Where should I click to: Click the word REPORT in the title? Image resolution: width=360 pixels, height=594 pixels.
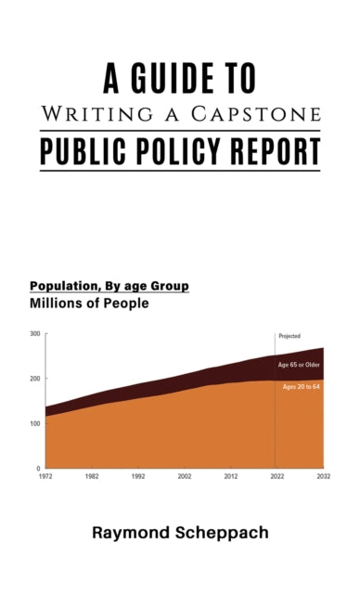273,149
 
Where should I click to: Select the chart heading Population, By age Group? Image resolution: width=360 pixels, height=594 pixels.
109,286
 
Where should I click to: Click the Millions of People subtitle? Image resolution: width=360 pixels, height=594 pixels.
89,303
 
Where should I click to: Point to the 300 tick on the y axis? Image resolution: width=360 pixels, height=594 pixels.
34,334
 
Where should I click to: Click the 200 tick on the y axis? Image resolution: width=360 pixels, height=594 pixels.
34,379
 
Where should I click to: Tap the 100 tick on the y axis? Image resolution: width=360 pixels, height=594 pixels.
34,423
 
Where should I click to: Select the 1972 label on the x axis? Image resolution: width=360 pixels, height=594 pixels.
45,476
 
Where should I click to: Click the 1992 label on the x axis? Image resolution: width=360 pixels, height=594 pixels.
137,476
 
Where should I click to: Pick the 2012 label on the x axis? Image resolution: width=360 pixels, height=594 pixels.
230,476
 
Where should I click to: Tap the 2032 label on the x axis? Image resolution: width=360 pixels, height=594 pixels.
321,476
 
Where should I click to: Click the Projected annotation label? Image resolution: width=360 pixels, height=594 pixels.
289,336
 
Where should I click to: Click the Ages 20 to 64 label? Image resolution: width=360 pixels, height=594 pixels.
301,386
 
